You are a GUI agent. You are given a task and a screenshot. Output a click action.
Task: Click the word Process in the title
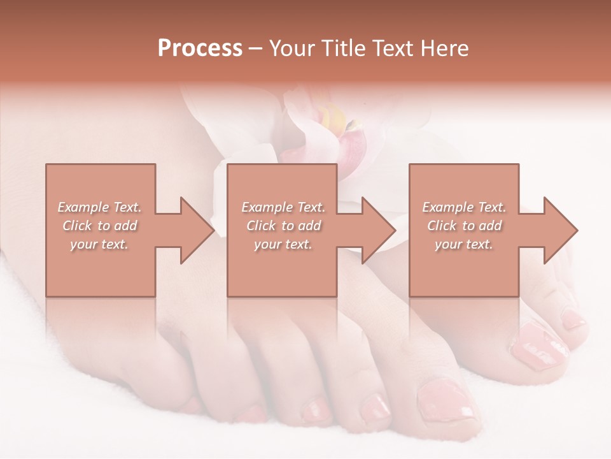[200, 48]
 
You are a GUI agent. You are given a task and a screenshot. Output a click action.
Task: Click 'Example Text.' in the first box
[99, 207]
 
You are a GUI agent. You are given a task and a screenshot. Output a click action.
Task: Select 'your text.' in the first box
[99, 244]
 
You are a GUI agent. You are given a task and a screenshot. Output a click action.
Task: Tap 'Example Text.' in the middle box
[283, 207]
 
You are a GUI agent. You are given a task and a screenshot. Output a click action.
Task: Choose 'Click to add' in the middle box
[283, 226]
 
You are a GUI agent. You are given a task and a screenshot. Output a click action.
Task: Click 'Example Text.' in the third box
[464, 207]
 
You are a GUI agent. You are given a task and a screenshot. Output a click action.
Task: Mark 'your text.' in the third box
[464, 244]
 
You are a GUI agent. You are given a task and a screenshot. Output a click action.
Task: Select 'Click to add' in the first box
[99, 226]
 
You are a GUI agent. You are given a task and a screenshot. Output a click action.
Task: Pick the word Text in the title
[390, 48]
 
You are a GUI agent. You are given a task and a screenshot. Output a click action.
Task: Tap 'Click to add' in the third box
[464, 226]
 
